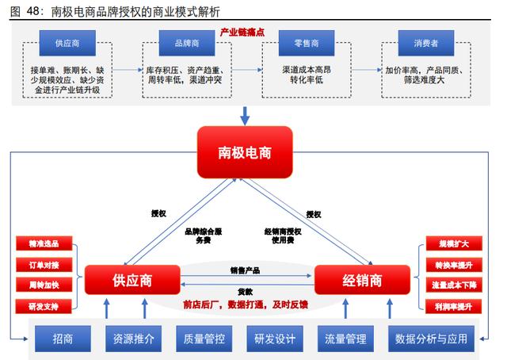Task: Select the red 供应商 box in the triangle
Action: click(x=132, y=280)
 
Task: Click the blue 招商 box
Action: click(x=63, y=339)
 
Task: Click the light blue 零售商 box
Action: click(x=295, y=40)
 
